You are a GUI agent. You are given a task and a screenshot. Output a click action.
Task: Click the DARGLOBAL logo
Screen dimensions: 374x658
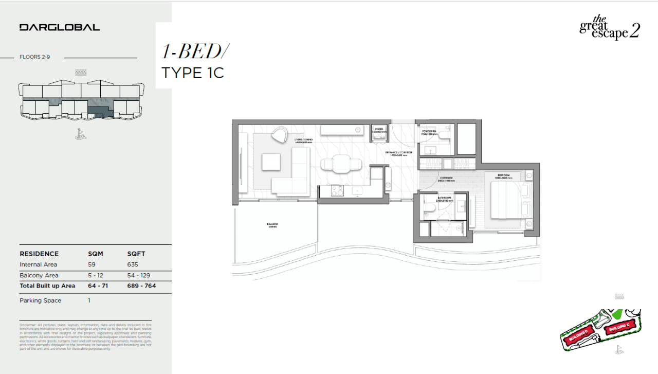point(60,27)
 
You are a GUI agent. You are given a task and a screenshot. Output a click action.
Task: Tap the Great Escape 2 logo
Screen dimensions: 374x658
point(610,28)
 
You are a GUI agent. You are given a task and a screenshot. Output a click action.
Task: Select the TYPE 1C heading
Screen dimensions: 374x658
point(193,73)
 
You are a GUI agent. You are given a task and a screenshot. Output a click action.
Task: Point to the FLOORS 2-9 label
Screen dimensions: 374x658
point(34,57)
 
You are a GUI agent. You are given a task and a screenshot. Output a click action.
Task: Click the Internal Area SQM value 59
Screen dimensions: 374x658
point(92,264)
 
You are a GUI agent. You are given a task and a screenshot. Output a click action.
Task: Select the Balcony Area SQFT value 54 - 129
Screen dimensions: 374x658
point(139,275)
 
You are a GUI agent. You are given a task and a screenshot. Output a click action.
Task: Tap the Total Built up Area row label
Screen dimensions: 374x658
point(47,286)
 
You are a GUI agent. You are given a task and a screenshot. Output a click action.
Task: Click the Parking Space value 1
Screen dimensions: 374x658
point(89,300)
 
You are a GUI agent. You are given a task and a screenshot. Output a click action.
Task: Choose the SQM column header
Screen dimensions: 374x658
point(96,254)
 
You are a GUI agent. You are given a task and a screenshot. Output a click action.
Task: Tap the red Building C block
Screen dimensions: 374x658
point(618,328)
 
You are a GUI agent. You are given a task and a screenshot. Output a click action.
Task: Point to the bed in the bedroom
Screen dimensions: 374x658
point(506,201)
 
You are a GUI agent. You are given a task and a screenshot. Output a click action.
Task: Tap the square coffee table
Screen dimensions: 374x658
point(271,162)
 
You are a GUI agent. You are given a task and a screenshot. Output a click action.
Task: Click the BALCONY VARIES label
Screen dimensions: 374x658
point(272,225)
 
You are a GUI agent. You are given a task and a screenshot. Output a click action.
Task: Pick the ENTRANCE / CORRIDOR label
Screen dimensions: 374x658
point(397,153)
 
